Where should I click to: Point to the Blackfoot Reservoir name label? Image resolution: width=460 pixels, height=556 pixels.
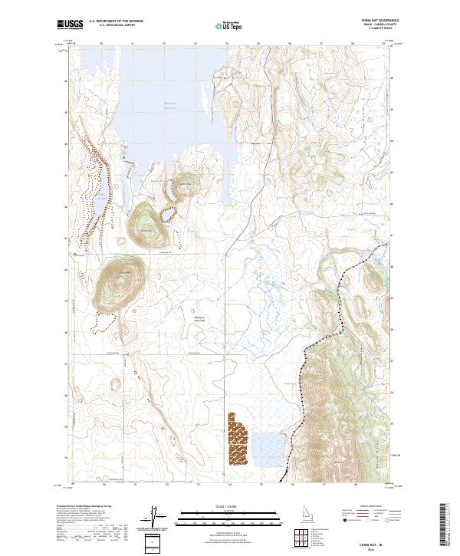coord(174,106)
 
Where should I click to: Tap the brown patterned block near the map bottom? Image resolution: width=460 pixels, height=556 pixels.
coord(239,439)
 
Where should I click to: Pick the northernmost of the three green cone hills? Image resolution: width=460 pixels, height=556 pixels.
coord(186,184)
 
